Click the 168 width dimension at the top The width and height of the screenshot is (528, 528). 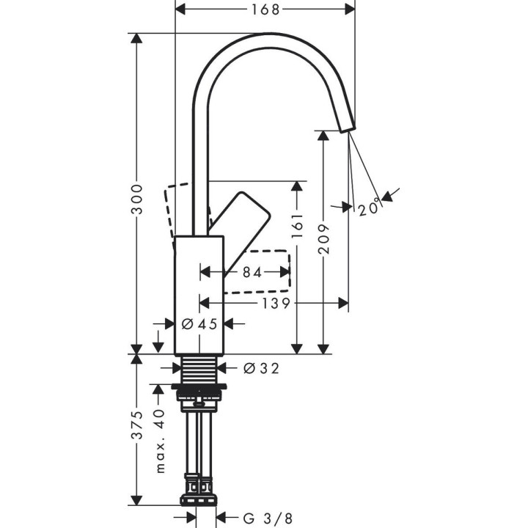pos(265,10)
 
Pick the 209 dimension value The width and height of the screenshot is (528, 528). pos(323,238)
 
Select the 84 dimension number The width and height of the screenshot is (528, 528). pos(252,272)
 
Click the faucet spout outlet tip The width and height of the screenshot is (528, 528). pos(345,126)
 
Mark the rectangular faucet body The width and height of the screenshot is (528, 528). pos(199,293)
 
